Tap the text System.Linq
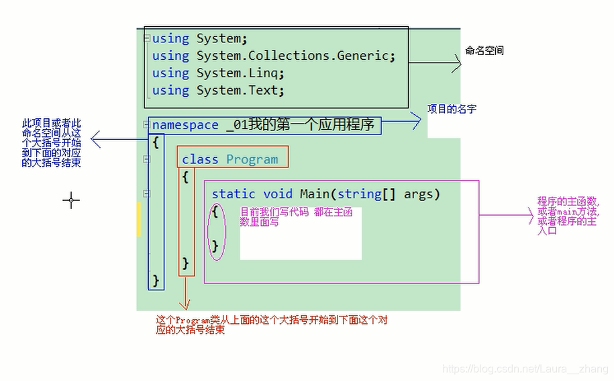tap(240, 73)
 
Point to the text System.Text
tap(240, 91)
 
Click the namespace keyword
tap(185, 125)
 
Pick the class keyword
tap(200, 159)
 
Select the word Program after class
tap(252, 159)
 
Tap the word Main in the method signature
tap(315, 194)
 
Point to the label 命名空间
tap(484, 51)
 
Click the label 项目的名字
tap(452, 109)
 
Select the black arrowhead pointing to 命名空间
tap(458, 64)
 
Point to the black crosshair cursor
tap(71, 200)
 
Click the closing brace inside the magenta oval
tap(215, 246)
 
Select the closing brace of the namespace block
tap(156, 279)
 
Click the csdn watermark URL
tap(526, 369)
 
